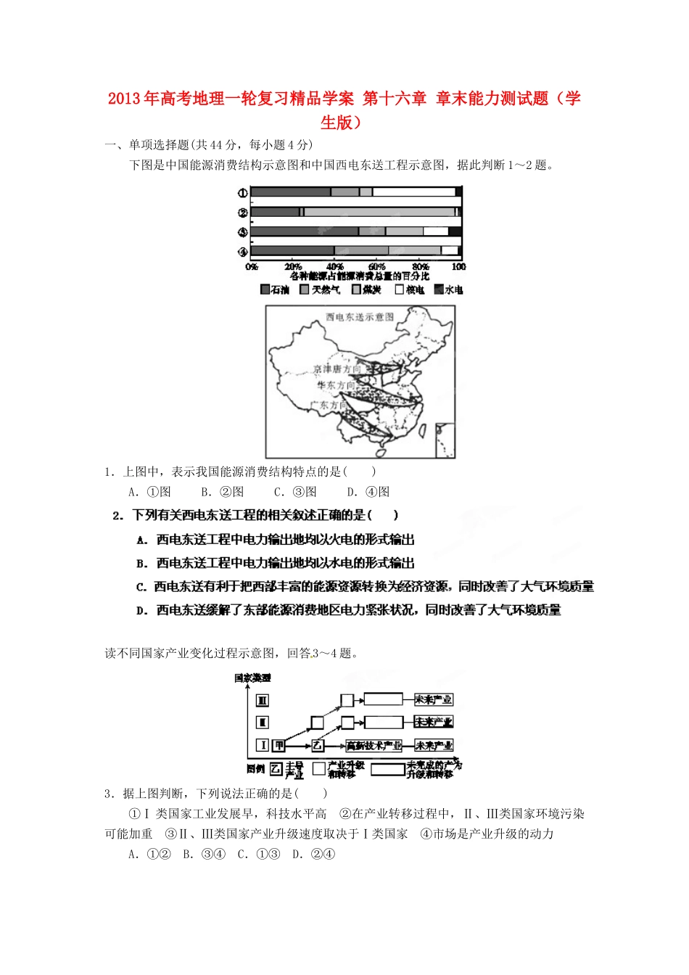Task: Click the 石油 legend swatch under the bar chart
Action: click(x=265, y=289)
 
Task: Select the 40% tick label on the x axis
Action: click(x=334, y=267)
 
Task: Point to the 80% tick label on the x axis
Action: click(x=421, y=267)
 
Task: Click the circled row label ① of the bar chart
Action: click(x=242, y=192)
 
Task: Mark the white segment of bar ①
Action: click(x=413, y=192)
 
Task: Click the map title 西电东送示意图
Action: click(x=360, y=317)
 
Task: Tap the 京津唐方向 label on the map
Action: click(x=337, y=369)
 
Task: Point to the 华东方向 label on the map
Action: click(x=335, y=386)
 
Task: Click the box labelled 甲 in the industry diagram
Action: click(x=279, y=745)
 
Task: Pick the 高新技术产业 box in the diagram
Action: click(x=374, y=745)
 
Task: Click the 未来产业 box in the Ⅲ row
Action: click(x=433, y=699)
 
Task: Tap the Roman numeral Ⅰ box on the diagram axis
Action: click(x=263, y=745)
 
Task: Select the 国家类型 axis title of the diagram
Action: click(x=252, y=678)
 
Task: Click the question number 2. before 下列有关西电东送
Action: click(x=118, y=515)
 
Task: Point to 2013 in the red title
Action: click(x=125, y=99)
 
